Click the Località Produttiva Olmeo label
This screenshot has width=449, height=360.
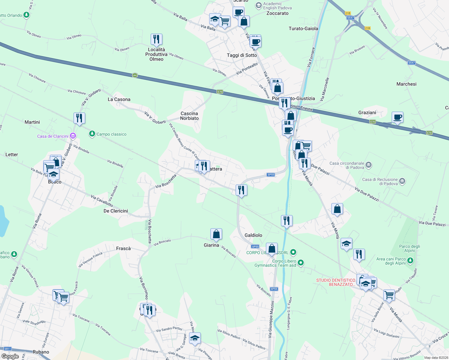point(156,54)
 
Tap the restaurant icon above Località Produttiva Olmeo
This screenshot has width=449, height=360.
point(156,39)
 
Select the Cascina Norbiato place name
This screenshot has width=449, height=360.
point(189,116)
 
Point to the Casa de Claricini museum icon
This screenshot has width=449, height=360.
point(73,136)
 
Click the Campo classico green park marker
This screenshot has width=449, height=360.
point(92,134)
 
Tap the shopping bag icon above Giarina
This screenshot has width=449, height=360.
point(216,234)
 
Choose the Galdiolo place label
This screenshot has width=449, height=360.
point(253,235)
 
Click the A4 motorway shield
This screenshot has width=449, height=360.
point(135,76)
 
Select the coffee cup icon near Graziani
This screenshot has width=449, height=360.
point(397,117)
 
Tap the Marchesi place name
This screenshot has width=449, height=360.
point(406,84)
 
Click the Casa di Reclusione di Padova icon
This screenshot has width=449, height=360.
point(402,181)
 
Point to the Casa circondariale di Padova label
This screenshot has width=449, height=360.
point(347,165)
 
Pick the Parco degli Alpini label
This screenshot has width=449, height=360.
point(409,248)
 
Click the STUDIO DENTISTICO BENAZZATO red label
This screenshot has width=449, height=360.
point(336,282)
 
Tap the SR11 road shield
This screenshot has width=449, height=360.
point(8,349)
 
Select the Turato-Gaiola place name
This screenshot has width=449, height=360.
point(303,28)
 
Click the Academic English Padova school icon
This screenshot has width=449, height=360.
point(258,5)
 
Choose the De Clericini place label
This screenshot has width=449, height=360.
point(116,211)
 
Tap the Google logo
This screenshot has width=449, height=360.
point(10,356)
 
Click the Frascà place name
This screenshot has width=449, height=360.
point(123,248)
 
